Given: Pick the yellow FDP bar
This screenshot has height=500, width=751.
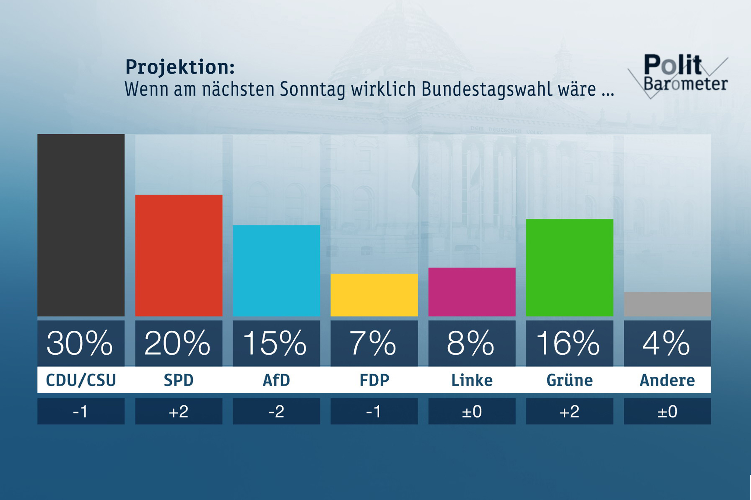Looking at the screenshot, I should [x=374, y=295].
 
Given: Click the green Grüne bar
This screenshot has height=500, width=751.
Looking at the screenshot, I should [x=569, y=268].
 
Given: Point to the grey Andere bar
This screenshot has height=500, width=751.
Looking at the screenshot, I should [x=667, y=304].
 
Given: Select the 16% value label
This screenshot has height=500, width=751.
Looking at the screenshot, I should [x=568, y=343].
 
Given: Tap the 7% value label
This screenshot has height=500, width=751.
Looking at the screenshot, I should [x=373, y=343].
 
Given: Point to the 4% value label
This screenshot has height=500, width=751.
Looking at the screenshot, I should [x=666, y=343].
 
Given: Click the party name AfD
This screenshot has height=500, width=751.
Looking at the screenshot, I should [x=276, y=380].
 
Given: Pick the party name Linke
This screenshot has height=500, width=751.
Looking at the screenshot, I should [x=472, y=380].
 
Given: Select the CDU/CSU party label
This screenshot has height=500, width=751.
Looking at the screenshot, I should [x=81, y=380].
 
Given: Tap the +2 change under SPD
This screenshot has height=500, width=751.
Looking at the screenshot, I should [x=178, y=411].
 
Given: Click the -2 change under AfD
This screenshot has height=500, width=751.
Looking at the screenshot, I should [x=276, y=411].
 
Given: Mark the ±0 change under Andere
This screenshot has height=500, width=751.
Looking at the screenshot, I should [x=667, y=411].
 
